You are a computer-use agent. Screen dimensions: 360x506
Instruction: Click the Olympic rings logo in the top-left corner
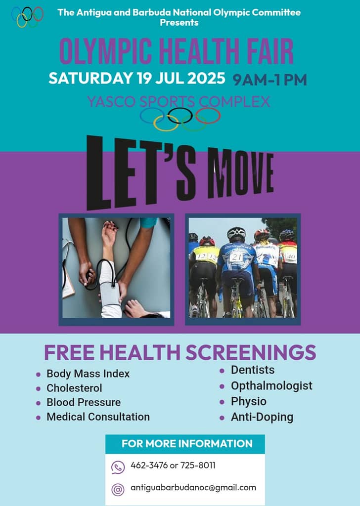coord(27,17)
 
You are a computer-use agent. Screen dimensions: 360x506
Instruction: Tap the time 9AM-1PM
coord(270,80)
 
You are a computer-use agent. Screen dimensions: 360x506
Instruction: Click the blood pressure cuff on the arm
coord(109,287)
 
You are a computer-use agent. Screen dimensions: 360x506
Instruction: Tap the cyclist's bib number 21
coord(236,256)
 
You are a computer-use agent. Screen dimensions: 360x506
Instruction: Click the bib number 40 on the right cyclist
coord(290,257)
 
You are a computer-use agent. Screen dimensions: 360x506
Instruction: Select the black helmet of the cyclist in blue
coord(236,233)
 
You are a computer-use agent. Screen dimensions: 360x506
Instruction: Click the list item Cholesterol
coord(74,388)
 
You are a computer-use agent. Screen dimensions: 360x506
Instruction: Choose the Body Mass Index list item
coord(88,374)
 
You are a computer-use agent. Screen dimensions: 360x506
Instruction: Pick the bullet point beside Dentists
coord(222,371)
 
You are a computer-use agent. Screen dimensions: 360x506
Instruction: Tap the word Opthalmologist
coord(271,386)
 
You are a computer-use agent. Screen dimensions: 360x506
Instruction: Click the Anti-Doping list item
coord(262,417)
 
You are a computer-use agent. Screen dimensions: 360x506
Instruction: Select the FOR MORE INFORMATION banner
coord(185,444)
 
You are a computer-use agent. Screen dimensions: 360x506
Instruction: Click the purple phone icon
coord(118,467)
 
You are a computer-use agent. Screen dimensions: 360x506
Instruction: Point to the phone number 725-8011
coord(198,465)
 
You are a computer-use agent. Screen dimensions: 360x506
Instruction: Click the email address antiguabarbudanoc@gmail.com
coord(193,488)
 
